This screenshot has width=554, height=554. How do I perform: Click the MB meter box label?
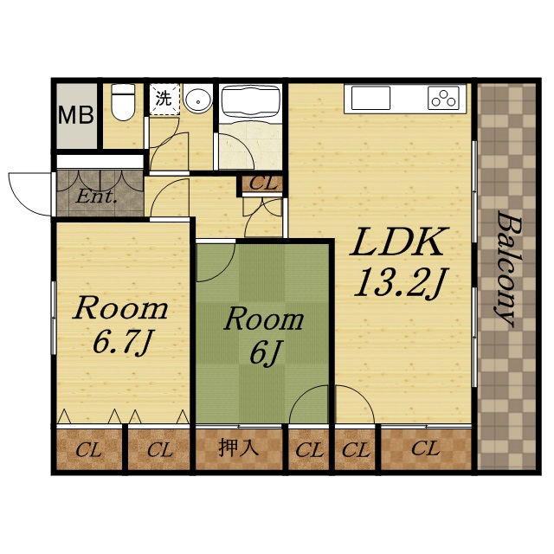point(76,115)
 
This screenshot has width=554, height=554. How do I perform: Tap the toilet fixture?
point(123,102)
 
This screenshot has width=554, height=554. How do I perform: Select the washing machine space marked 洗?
point(164,99)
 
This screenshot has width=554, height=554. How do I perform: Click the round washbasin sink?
point(198,100)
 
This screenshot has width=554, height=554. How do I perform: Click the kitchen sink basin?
point(371,98)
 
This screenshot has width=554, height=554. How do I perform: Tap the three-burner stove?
point(444,98)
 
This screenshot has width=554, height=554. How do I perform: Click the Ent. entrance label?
point(96,196)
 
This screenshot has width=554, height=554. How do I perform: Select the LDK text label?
point(399,242)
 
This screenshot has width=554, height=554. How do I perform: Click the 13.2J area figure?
point(401,283)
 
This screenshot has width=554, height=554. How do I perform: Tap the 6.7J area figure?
point(123,343)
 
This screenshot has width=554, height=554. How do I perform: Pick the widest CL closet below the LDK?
point(426,449)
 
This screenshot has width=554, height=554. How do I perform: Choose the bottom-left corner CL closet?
point(89,449)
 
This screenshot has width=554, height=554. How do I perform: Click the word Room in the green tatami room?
point(264,320)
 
